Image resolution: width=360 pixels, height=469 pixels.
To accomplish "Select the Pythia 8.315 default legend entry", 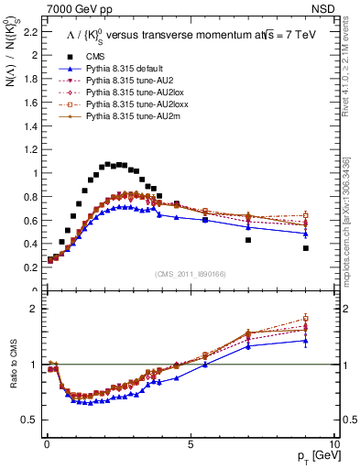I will point(115,69).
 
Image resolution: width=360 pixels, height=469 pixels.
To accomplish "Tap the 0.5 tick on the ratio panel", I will point(29,420).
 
